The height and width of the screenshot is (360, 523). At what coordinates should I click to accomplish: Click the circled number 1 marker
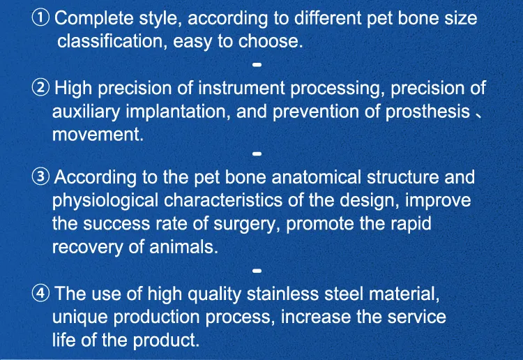[41, 18]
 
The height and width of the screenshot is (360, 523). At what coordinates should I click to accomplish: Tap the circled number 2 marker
[41, 89]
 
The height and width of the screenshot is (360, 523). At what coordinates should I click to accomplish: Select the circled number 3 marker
[41, 177]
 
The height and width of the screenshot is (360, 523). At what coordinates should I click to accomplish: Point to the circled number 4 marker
[41, 294]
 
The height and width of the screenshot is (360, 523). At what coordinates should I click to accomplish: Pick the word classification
[109, 41]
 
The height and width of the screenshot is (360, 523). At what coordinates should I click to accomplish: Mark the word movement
[98, 135]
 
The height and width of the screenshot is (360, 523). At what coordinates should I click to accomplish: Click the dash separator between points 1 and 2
[257, 65]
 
